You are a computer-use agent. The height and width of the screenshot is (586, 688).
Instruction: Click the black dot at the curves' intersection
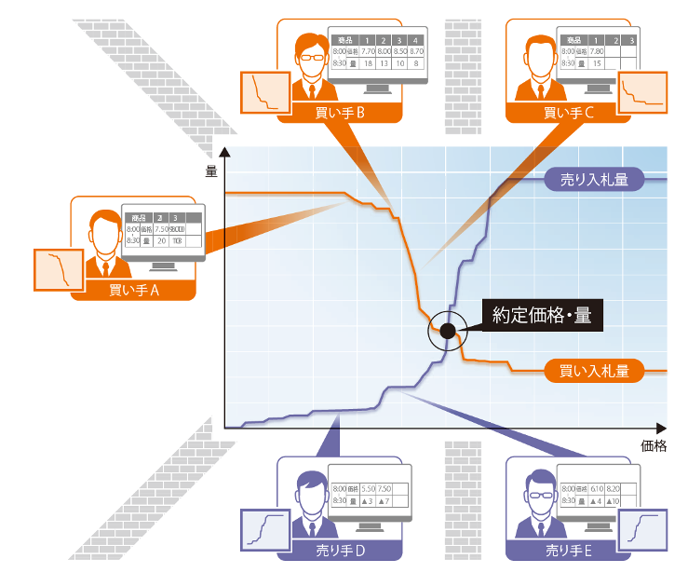448,331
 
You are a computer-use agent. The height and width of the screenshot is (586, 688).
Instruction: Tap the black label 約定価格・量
542,315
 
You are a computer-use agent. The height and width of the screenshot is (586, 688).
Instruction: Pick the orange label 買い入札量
593,370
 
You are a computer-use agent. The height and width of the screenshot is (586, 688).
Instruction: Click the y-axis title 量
211,170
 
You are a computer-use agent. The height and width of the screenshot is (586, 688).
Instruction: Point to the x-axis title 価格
654,445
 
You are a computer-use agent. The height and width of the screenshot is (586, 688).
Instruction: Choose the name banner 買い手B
341,113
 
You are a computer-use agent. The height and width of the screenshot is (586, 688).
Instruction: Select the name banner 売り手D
341,551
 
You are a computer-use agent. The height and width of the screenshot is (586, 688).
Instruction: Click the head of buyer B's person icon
310,48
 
